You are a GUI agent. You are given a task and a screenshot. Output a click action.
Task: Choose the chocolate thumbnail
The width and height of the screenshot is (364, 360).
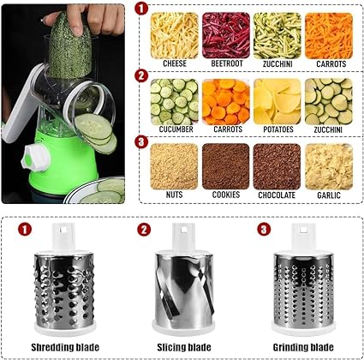click(x=277, y=165)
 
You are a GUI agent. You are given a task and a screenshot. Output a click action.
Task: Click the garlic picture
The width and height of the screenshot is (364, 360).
click(x=329, y=165)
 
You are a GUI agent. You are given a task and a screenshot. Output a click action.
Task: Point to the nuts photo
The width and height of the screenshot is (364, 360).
click(x=174, y=165)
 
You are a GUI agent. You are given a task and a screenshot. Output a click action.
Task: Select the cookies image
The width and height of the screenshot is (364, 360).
click(x=226, y=165)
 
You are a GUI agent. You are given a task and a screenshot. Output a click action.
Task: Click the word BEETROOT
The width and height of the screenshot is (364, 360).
click(x=226, y=62)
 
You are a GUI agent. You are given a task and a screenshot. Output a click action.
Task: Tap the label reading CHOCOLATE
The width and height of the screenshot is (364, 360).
click(x=277, y=195)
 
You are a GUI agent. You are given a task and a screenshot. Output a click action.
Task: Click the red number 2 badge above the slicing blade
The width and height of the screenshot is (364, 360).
click(x=144, y=231)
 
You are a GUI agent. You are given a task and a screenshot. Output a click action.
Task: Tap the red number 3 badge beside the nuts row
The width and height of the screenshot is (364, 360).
click(x=141, y=141)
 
